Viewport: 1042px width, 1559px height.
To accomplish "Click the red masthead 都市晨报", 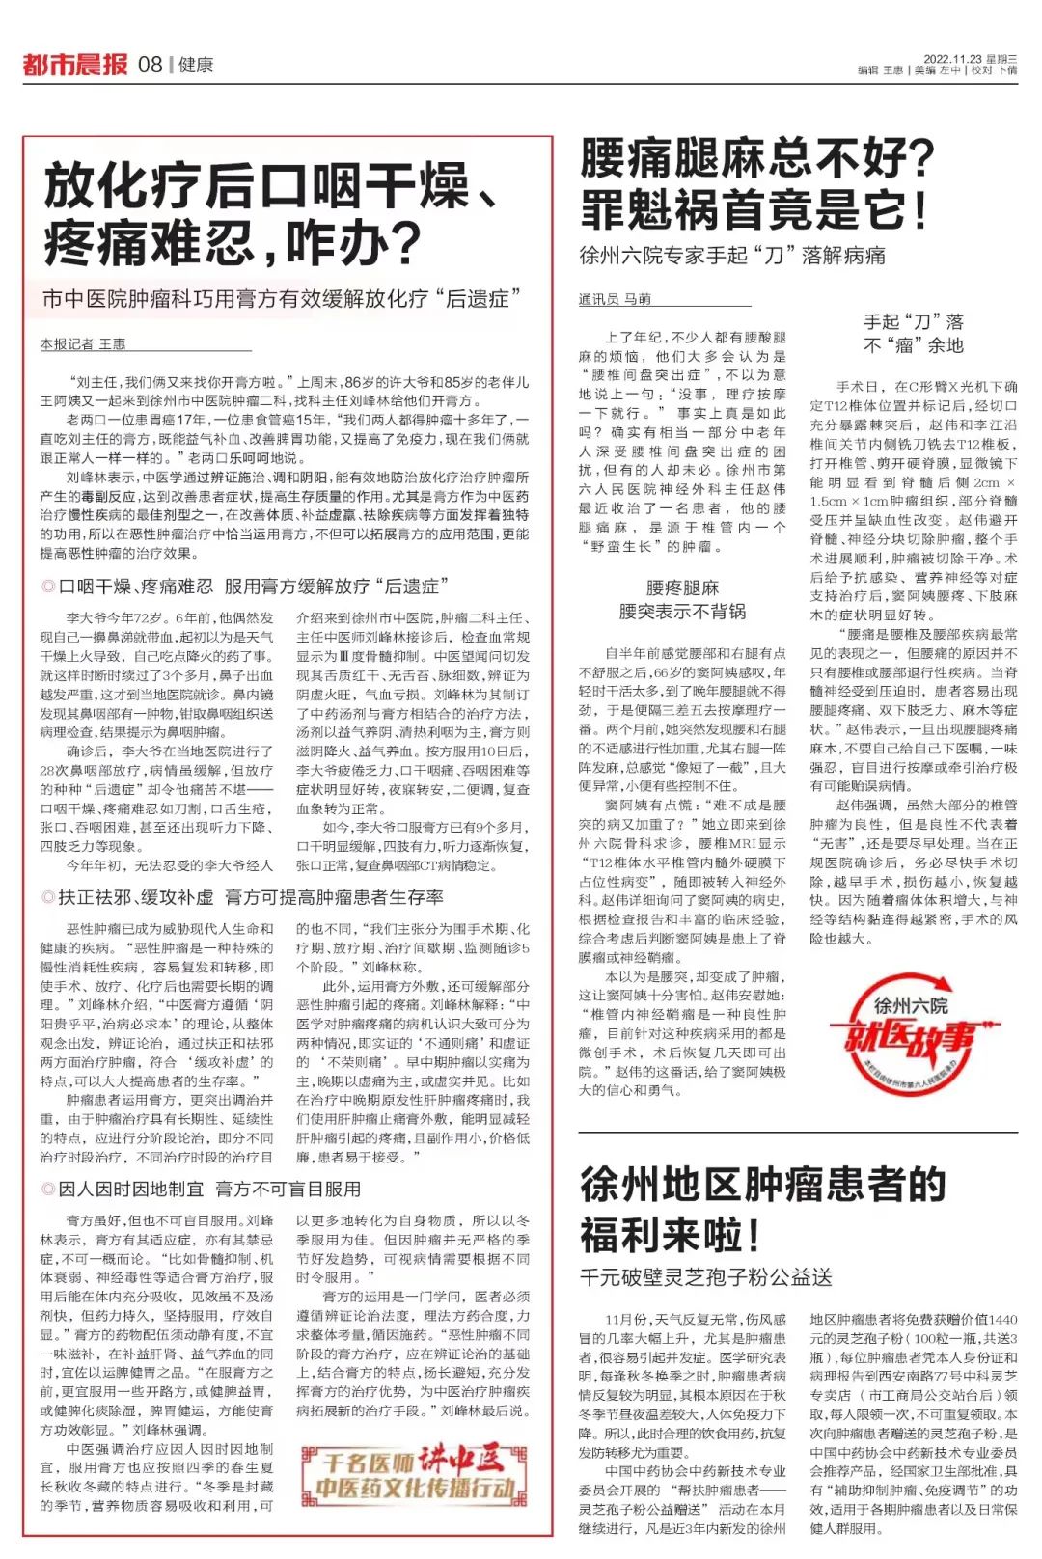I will (x=74, y=65).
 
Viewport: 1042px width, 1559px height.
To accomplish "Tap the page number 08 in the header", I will (x=150, y=65).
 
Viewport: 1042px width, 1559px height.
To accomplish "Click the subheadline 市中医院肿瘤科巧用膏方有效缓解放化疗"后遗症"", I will (x=281, y=299).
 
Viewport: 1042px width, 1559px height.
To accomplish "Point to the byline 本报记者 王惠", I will (x=83, y=343).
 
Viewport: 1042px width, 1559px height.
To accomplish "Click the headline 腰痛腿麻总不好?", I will (x=757, y=157).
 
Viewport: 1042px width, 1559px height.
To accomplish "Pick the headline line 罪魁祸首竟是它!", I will (x=754, y=209).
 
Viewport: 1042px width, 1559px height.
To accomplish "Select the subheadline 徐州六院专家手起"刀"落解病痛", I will (x=732, y=256).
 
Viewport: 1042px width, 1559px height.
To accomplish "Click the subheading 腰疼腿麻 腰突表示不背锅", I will (x=682, y=599).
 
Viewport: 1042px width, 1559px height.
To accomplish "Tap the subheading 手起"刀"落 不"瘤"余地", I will (x=913, y=333).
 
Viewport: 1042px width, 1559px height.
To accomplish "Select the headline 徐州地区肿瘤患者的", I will (x=763, y=1184).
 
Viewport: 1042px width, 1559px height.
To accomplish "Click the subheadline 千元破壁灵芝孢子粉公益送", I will (x=705, y=1277).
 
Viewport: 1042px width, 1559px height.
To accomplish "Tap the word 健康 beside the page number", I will (x=196, y=65).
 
